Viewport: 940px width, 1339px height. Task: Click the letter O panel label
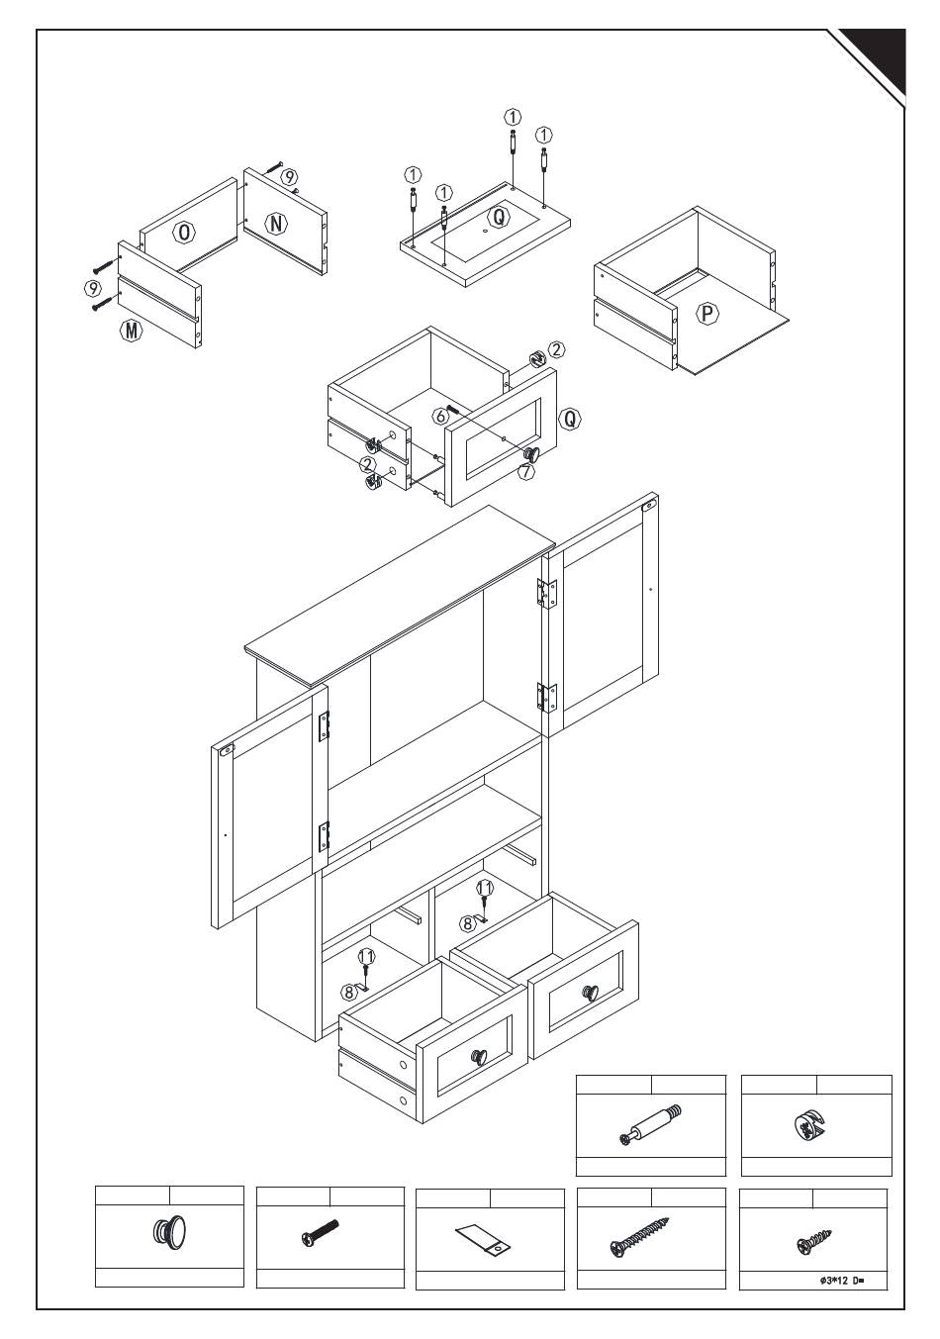pyautogui.click(x=183, y=233)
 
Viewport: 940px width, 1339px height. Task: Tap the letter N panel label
pyautogui.click(x=278, y=223)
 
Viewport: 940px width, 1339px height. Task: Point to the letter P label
pyautogui.click(x=707, y=315)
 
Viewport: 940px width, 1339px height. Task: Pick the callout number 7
pyautogui.click(x=525, y=472)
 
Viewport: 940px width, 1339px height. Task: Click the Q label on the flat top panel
pyautogui.click(x=500, y=215)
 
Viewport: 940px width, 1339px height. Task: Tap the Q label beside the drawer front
pyautogui.click(x=569, y=419)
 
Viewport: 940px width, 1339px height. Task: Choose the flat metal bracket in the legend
pyautogui.click(x=484, y=1238)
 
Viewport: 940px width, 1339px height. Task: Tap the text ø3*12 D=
pyautogui.click(x=842, y=1280)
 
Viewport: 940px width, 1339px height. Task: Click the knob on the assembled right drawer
pyautogui.click(x=590, y=993)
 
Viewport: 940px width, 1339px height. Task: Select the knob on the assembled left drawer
pyautogui.click(x=479, y=1057)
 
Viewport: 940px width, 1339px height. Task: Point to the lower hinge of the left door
pyautogui.click(x=323, y=836)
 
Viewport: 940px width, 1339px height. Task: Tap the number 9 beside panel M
pyautogui.click(x=93, y=289)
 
